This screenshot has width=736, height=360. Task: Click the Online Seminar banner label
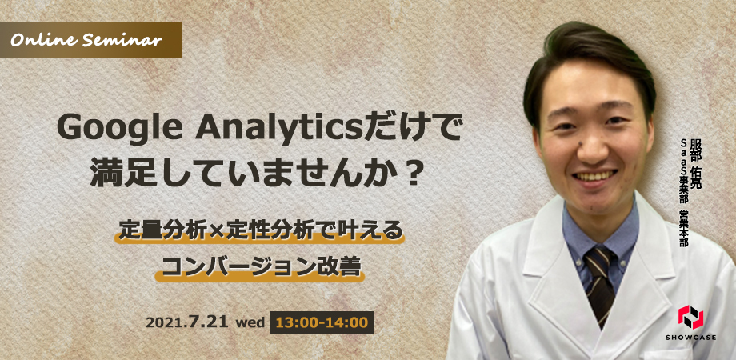click(90, 40)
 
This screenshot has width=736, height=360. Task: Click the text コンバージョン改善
click(260, 267)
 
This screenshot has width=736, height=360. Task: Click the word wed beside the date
click(248, 323)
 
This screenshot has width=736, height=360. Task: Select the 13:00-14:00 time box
click(322, 322)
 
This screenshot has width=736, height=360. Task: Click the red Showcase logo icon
click(690, 317)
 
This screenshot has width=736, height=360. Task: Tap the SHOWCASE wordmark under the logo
click(690, 338)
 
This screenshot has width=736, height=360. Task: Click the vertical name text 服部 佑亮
click(694, 162)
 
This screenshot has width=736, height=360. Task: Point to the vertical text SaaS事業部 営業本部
click(683, 193)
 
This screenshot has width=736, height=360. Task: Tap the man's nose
click(592, 146)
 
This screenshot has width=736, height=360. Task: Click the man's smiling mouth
click(595, 177)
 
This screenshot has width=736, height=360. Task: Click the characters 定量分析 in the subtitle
click(163, 231)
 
